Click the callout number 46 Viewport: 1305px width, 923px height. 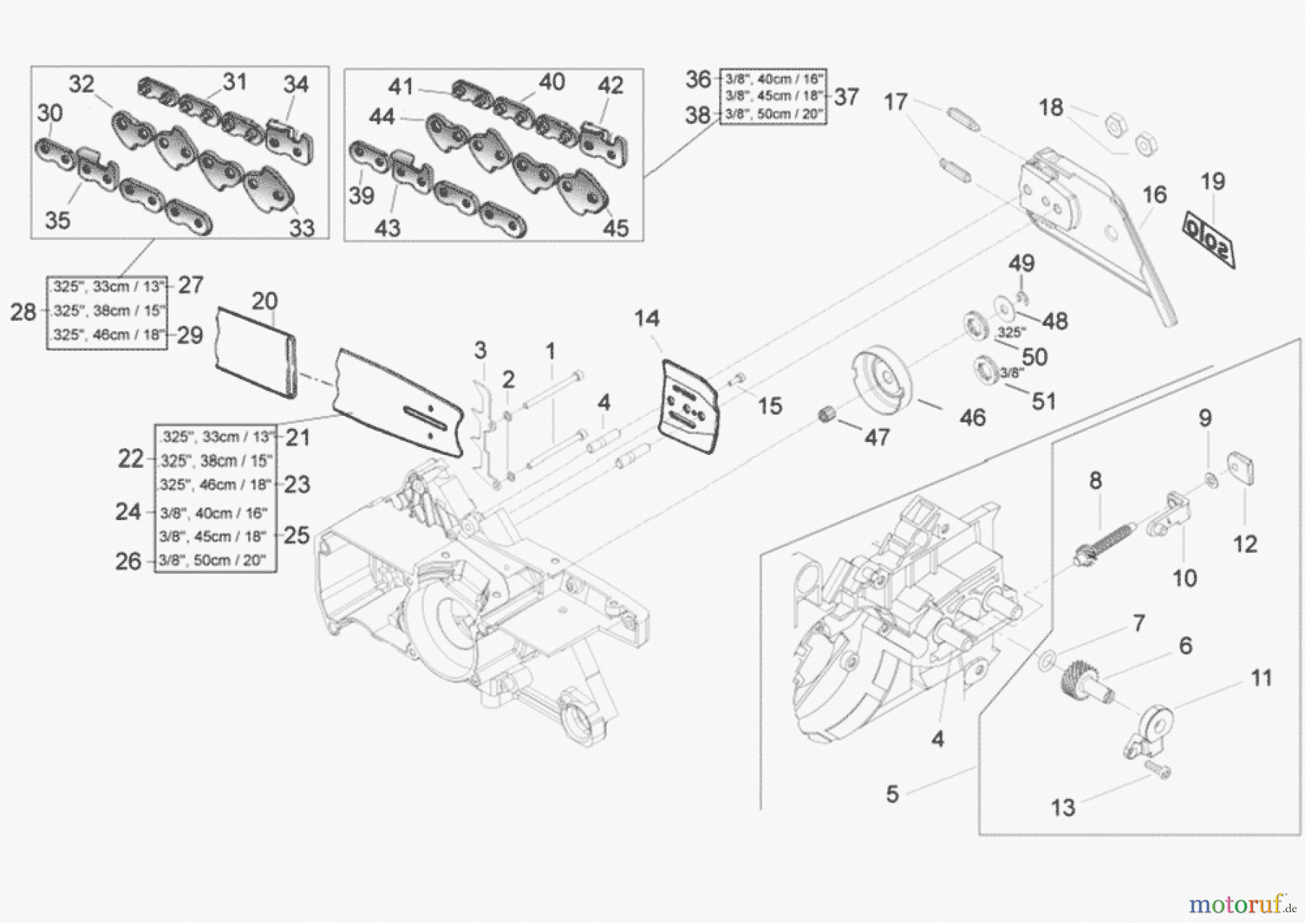pyautogui.click(x=972, y=417)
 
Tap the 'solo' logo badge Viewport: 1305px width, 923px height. pyautogui.click(x=1209, y=238)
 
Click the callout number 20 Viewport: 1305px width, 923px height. pyautogui.click(x=265, y=301)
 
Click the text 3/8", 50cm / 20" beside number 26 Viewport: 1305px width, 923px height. pyautogui.click(x=212, y=560)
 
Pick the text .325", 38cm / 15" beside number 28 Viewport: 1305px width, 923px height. pyautogui.click(x=107, y=311)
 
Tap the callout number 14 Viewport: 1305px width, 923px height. pyautogui.click(x=647, y=318)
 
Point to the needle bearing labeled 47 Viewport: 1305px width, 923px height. pyautogui.click(x=827, y=417)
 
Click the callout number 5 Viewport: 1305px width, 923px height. pyautogui.click(x=892, y=794)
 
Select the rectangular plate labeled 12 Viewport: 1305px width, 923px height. pyautogui.click(x=1240, y=469)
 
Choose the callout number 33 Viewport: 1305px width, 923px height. pyautogui.click(x=302, y=228)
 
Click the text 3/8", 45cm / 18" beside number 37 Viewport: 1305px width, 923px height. pyautogui.click(x=773, y=96)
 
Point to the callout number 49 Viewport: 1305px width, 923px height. pyautogui.click(x=1022, y=263)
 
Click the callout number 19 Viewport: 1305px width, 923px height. pyautogui.click(x=1212, y=181)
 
